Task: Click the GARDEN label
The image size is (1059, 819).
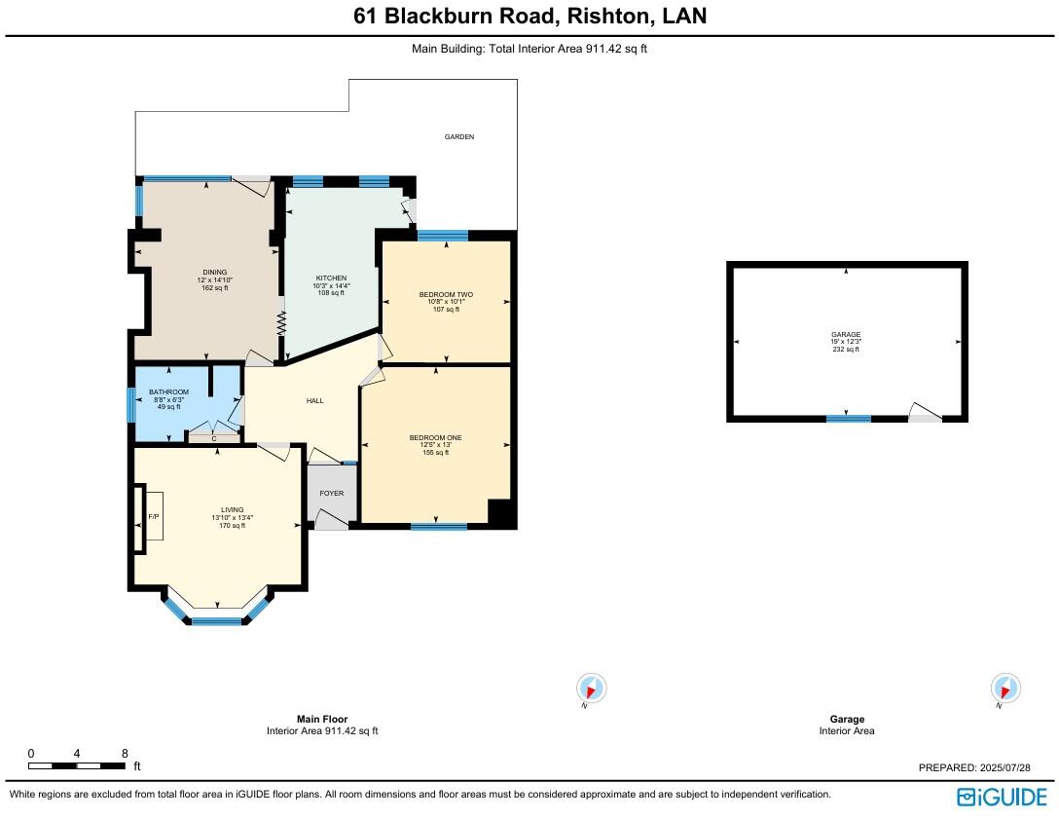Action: coord(459,137)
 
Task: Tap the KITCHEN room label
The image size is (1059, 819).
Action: coord(331,279)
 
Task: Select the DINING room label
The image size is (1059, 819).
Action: coord(215,273)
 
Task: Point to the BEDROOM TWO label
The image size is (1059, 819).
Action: coord(446,294)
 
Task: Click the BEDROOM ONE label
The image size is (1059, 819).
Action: coord(435,438)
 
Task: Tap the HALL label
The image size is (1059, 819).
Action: coord(314,401)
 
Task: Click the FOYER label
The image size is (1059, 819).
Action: coord(332,494)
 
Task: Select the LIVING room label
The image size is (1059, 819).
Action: coord(232,510)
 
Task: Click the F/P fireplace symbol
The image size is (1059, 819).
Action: coord(153,517)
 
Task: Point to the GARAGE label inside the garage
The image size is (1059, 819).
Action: coord(845,335)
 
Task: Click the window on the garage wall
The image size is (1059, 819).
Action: coord(848,419)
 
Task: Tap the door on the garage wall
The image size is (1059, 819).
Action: coord(925,418)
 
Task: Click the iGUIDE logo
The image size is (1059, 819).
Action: coord(1003,797)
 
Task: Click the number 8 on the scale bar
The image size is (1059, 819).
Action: coord(125,754)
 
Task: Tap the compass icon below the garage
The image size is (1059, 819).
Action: coord(1005,689)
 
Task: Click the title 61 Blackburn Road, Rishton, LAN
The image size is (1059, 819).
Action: coord(529,16)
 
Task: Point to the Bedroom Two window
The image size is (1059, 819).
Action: coord(443,235)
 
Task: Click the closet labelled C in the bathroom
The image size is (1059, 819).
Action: coord(213,439)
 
